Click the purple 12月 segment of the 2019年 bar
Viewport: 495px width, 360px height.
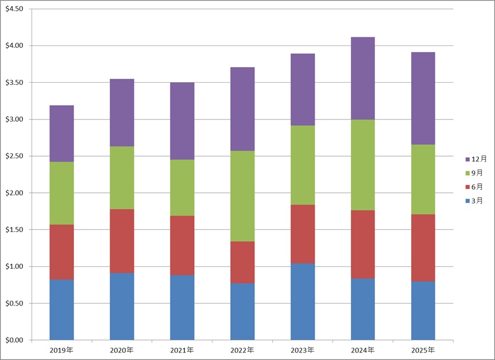pyautogui.click(x=61, y=134)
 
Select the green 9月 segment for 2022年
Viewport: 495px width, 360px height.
pyautogui.click(x=242, y=196)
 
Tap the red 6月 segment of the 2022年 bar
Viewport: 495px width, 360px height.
pyautogui.click(x=242, y=262)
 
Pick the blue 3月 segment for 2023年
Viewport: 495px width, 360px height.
pyautogui.click(x=303, y=301)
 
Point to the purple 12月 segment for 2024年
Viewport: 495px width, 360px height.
pyautogui.click(x=363, y=78)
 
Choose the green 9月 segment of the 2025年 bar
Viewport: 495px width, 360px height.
pyautogui.click(x=423, y=179)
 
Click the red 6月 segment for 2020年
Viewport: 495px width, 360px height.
pyautogui.click(x=122, y=241)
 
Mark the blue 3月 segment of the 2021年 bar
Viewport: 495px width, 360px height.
pyautogui.click(x=182, y=307)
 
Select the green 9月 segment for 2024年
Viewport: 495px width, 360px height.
pyautogui.click(x=363, y=165)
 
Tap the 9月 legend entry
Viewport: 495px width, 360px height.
pyautogui.click(x=477, y=173)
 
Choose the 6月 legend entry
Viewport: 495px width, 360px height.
pyautogui.click(x=477, y=187)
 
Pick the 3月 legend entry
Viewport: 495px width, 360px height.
pyautogui.click(x=477, y=201)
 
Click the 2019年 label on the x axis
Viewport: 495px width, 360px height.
pyautogui.click(x=61, y=350)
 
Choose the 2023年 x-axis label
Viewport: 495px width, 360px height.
pyautogui.click(x=303, y=350)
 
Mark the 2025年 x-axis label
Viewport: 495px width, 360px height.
pyautogui.click(x=423, y=350)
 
